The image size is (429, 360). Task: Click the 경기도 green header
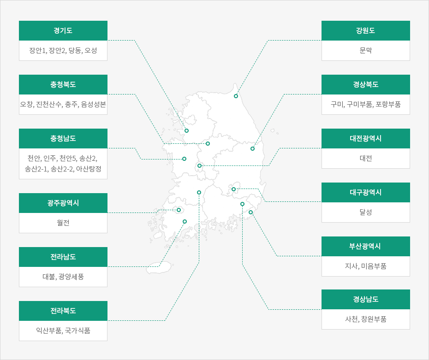[x=63, y=30]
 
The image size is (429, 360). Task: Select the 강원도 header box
[x=365, y=30]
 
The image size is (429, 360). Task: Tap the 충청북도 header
[x=63, y=84]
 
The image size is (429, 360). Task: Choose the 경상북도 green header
[x=365, y=84]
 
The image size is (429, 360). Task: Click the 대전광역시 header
[x=365, y=138]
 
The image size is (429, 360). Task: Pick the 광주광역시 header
[x=63, y=203]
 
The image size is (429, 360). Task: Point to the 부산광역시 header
[x=365, y=246]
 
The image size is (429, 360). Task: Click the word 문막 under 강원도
[x=365, y=50]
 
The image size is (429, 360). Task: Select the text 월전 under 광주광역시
[x=63, y=223]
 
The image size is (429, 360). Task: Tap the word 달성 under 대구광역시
[x=365, y=212]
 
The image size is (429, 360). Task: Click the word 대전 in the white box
[x=365, y=158]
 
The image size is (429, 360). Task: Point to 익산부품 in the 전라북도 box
[x=49, y=331]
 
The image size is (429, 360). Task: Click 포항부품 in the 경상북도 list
[x=388, y=105]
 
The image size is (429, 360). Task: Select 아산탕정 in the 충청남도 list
[x=89, y=169]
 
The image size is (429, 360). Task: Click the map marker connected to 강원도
[x=236, y=96]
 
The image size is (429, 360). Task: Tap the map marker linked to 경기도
[x=187, y=130]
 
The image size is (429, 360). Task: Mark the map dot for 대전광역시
[x=199, y=165]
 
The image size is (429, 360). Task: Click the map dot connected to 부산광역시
[x=250, y=212]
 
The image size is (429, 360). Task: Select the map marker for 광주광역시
[x=179, y=210]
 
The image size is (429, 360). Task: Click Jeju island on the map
[x=159, y=267]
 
